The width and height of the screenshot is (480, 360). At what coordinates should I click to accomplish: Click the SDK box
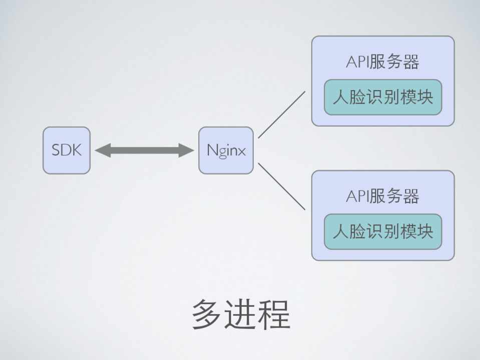click(66, 150)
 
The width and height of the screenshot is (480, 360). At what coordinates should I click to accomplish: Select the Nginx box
click(226, 150)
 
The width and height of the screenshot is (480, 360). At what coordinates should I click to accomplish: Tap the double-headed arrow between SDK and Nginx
click(144, 150)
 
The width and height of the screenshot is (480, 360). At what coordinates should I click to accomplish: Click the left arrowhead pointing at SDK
click(102, 150)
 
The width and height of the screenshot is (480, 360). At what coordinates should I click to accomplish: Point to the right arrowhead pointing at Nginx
click(187, 150)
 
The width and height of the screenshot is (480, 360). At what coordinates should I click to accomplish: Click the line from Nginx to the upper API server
click(281, 114)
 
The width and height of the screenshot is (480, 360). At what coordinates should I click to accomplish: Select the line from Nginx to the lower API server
click(281, 186)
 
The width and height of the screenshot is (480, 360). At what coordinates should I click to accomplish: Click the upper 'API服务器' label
click(382, 62)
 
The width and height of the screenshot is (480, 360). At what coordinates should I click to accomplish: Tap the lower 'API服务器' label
click(382, 196)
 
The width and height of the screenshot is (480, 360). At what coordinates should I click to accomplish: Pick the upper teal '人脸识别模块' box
click(383, 97)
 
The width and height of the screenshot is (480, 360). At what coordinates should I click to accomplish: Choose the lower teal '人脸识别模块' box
click(383, 231)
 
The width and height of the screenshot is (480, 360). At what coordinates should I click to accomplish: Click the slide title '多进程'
click(241, 314)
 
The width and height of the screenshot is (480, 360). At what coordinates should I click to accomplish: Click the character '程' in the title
click(274, 314)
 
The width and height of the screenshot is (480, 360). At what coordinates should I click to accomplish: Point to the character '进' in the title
click(241, 314)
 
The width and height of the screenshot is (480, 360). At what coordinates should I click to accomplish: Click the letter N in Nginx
click(211, 150)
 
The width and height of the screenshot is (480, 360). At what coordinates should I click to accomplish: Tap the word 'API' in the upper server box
click(356, 62)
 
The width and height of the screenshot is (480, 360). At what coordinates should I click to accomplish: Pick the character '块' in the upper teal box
click(425, 97)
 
